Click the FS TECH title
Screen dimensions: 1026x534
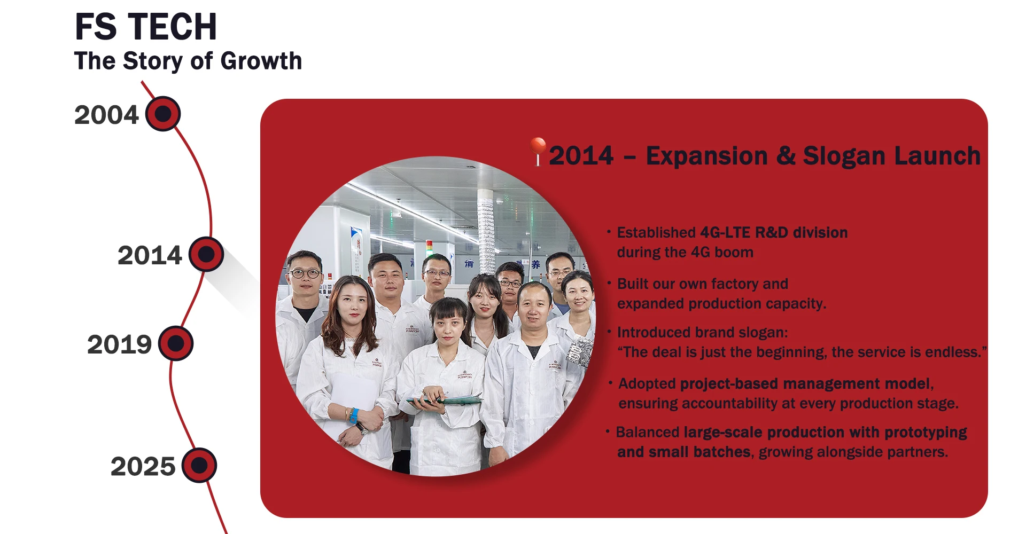[146, 27]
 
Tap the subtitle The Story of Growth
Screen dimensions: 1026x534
[188, 60]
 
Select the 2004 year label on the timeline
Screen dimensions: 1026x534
[106, 115]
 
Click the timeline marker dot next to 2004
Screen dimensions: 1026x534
[163, 114]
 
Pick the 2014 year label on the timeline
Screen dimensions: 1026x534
[150, 255]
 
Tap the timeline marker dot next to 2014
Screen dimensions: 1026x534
[206, 254]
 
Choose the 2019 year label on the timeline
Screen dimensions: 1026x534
[120, 344]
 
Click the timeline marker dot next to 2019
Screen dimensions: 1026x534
[176, 343]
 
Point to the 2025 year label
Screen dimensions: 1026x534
[143, 466]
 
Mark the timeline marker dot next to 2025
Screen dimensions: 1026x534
[199, 465]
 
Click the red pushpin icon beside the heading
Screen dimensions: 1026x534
[538, 151]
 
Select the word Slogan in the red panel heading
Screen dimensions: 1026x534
[844, 156]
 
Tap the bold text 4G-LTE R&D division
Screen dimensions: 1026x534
[774, 232]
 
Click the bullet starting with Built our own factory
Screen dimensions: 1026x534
[721, 294]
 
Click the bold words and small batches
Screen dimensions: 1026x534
[684, 452]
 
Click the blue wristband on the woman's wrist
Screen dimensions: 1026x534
[353, 415]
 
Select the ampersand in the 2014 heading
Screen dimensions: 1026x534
[786, 156]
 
